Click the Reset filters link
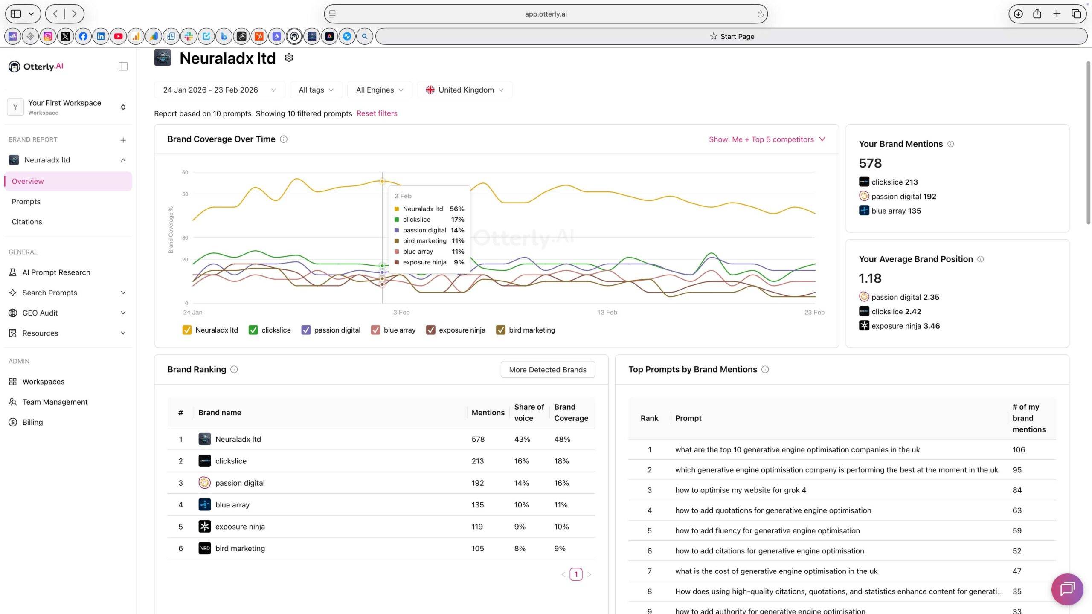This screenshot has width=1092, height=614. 377,113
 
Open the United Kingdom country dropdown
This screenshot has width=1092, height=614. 465,90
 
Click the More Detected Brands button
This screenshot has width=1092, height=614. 547,370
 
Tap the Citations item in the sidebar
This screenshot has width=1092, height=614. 27,222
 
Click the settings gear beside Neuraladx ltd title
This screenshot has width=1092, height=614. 289,58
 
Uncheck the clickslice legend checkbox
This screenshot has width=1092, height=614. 253,330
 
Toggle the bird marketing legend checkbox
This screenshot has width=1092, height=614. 501,330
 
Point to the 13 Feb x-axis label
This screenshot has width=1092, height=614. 607,312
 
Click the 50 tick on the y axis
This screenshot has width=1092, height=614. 185,194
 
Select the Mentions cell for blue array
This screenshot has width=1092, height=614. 477,505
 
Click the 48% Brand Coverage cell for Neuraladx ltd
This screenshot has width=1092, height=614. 562,439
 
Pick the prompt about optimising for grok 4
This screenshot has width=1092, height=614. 740,490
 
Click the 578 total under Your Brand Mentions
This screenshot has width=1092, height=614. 870,163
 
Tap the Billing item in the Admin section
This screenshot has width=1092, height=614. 32,422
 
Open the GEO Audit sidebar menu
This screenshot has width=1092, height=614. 40,313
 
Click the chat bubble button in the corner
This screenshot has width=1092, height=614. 1067,589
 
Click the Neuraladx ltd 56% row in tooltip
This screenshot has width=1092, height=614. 429,209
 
